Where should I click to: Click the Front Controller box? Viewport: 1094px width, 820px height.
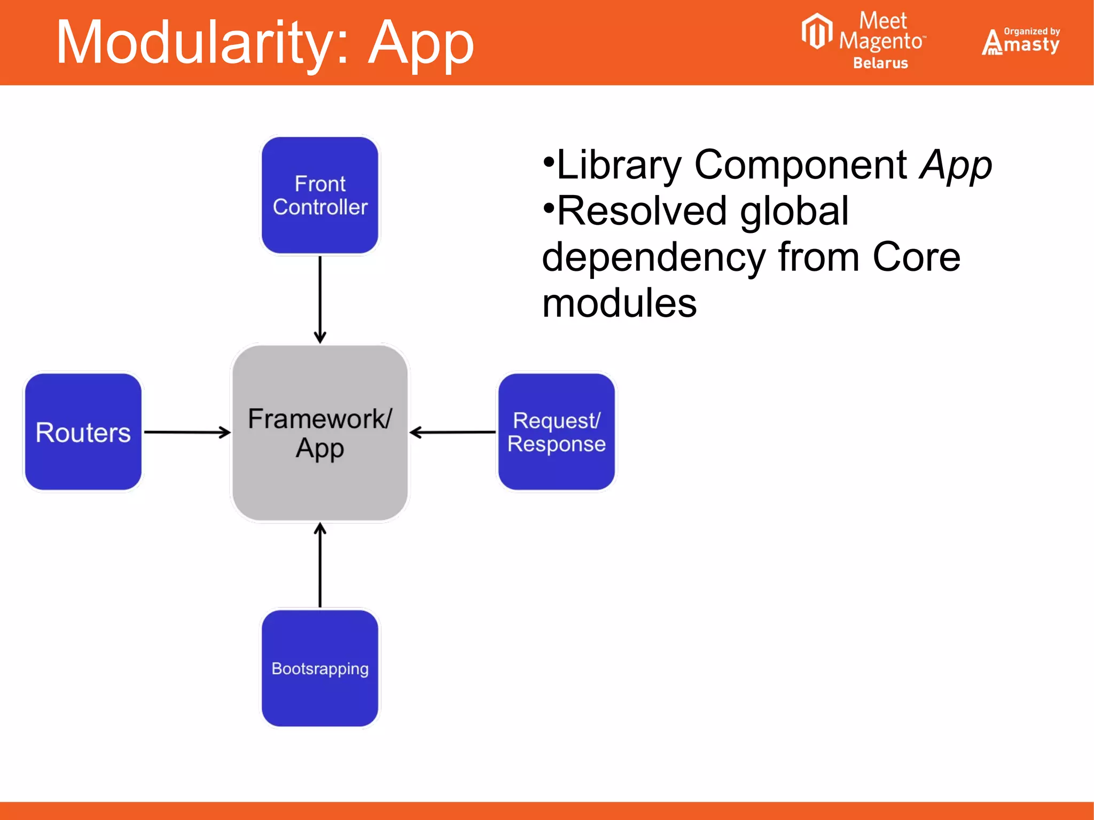[320, 195]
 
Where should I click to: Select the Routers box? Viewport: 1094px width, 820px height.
[83, 432]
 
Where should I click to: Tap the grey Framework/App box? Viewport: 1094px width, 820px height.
[320, 433]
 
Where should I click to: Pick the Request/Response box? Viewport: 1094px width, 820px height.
[556, 432]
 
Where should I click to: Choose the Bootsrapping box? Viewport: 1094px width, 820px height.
[320, 668]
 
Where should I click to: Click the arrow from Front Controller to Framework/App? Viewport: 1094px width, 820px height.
[320, 299]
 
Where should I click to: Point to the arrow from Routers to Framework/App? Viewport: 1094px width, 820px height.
[187, 432]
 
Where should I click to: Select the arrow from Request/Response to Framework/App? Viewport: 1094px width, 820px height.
[453, 432]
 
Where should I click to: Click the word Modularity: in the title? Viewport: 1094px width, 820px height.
[203, 43]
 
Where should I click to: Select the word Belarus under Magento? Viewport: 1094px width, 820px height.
[880, 63]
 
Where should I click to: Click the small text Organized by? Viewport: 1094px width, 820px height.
[1032, 31]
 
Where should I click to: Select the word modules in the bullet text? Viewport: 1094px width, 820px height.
[620, 303]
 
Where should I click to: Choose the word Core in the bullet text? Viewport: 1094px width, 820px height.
[916, 257]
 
